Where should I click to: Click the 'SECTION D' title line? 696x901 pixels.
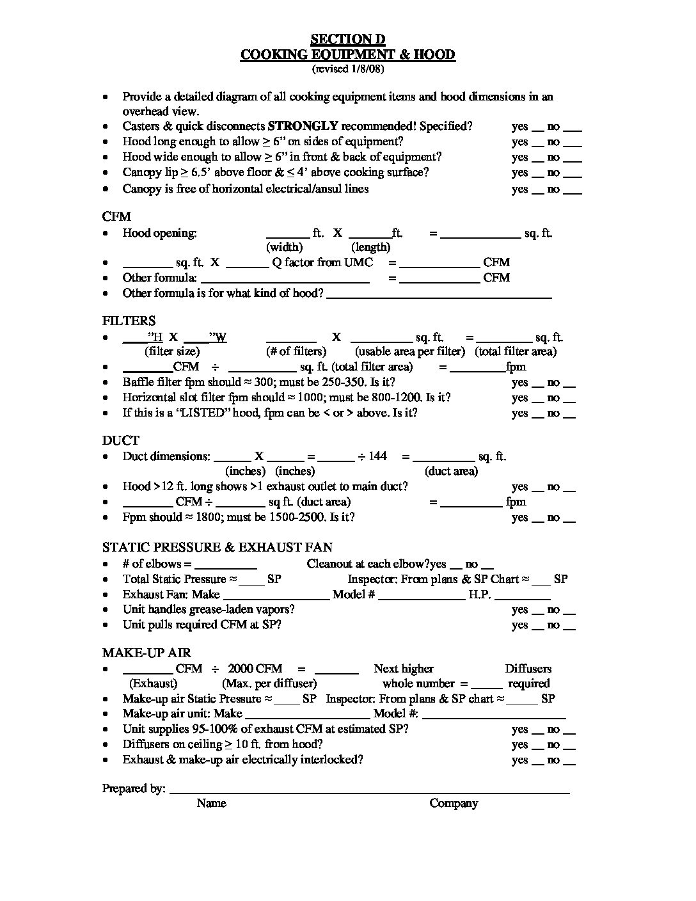[347, 40]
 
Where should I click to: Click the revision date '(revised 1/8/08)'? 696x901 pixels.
[347, 68]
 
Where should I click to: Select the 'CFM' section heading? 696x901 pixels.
[116, 217]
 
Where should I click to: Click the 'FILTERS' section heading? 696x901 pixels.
[129, 321]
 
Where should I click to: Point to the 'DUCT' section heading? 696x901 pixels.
[120, 440]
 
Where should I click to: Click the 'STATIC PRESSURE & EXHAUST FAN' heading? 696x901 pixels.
[217, 547]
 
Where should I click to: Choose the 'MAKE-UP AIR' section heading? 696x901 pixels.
[146, 653]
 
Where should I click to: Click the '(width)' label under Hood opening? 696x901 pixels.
[284, 247]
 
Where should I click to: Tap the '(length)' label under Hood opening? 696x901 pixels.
[370, 247]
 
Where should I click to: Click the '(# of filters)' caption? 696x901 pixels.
[296, 351]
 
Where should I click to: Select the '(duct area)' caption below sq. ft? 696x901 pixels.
[451, 471]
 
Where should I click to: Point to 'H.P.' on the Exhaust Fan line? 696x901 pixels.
[479, 594]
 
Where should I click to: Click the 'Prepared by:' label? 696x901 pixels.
[134, 788]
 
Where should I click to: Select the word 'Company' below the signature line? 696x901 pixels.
[454, 803]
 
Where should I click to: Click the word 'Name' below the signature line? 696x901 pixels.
[211, 803]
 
